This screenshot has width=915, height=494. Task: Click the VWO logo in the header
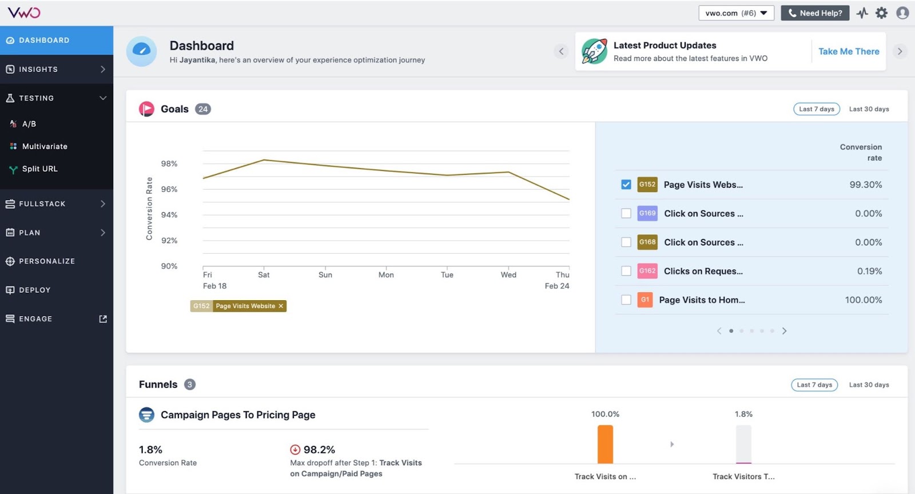point(23,13)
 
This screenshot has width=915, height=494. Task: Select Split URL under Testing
point(39,169)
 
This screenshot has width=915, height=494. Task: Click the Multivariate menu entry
point(45,146)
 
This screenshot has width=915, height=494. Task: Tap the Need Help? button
point(814,13)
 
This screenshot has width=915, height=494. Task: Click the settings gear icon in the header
point(881,13)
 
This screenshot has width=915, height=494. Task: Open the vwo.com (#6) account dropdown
point(736,13)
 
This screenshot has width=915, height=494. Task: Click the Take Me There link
point(849,51)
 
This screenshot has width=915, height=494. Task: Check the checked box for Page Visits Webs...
point(626,185)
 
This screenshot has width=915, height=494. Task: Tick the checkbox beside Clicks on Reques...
point(626,271)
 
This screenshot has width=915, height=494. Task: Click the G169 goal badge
point(647,213)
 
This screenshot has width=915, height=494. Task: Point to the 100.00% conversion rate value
point(863,300)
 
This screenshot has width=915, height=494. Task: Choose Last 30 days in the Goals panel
point(869,109)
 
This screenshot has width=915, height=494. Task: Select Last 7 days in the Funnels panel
point(814,385)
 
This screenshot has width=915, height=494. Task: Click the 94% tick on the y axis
point(169,215)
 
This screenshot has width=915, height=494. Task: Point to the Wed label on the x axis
point(508,275)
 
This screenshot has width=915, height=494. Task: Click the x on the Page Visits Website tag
point(281,306)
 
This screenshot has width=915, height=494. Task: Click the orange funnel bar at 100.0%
point(605,444)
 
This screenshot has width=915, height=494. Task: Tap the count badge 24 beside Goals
point(203,109)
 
